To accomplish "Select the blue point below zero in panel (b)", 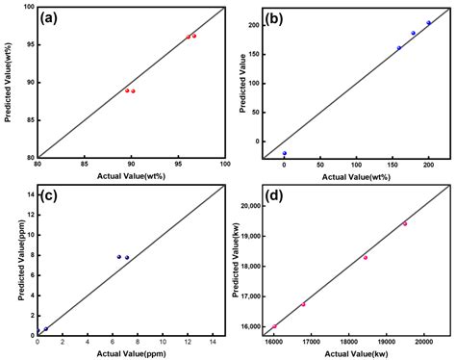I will pyautogui.click(x=285, y=153).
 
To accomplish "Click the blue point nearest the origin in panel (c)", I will pyautogui.click(x=45, y=329).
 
